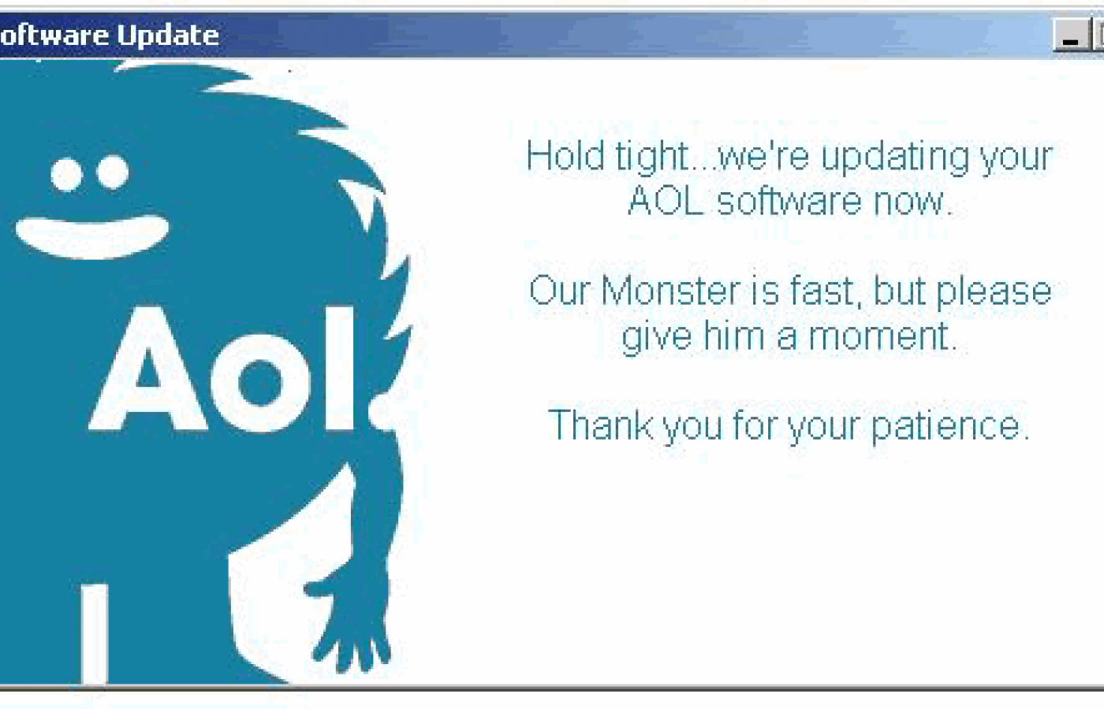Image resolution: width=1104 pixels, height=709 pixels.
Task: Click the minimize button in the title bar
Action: pyautogui.click(x=1071, y=36)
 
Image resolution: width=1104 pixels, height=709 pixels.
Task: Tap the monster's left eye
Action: pyautogui.click(x=67, y=174)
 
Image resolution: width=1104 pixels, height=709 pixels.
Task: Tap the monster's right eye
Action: pyautogui.click(x=112, y=171)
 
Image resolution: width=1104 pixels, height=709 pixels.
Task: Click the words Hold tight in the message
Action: pyautogui.click(x=607, y=156)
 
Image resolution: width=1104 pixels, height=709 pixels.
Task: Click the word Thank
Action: pyautogui.click(x=599, y=425)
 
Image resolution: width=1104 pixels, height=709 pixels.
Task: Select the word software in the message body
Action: pyautogui.click(x=789, y=201)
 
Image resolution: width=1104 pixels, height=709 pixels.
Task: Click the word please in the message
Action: pyautogui.click(x=994, y=292)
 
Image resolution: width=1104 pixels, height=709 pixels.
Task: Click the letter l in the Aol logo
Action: pyautogui.click(x=340, y=368)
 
